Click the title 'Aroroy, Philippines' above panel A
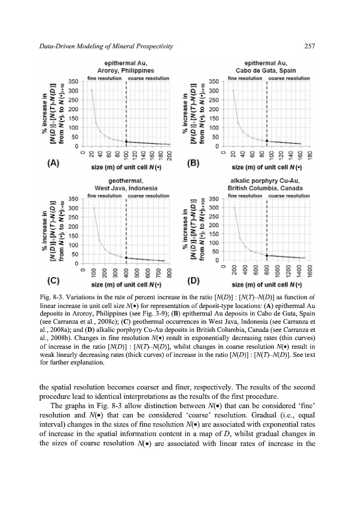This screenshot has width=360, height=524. [121, 70]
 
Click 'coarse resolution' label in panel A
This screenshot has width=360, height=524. [149, 77]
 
